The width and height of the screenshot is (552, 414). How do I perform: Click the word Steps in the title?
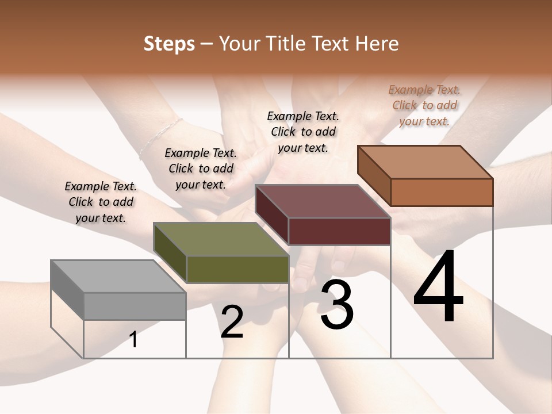[169, 44]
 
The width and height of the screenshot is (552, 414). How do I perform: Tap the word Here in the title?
[375, 44]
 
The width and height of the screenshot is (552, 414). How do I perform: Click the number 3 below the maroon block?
[337, 305]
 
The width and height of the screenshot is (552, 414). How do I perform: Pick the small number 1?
[133, 339]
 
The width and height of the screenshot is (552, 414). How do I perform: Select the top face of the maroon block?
[323, 201]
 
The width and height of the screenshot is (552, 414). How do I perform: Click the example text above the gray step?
[101, 202]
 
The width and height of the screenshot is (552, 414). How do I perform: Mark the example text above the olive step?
[201, 168]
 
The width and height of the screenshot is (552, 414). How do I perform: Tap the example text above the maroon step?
[303, 132]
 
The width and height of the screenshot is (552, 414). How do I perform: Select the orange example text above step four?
[424, 105]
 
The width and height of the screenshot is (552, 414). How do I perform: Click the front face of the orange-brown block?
[442, 192]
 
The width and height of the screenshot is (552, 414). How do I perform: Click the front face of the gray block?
[135, 306]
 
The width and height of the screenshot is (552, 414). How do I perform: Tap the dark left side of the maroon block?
[272, 214]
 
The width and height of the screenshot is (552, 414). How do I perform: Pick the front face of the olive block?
[237, 269]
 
